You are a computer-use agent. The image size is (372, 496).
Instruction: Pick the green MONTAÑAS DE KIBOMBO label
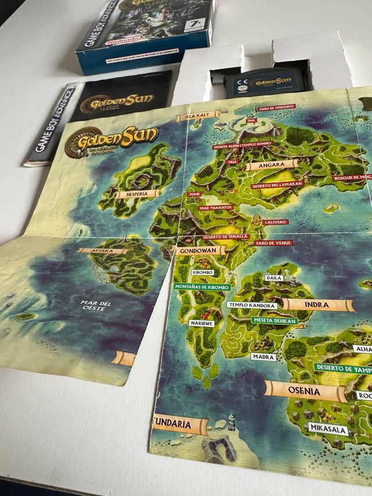pos(201,287)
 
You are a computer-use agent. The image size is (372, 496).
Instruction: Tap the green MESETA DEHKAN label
pos(274,320)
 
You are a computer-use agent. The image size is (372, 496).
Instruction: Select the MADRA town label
pos(264,356)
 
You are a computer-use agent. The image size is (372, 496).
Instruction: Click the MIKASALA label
pos(328,430)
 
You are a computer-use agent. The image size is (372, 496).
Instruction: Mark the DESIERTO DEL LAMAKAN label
pos(275,185)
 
